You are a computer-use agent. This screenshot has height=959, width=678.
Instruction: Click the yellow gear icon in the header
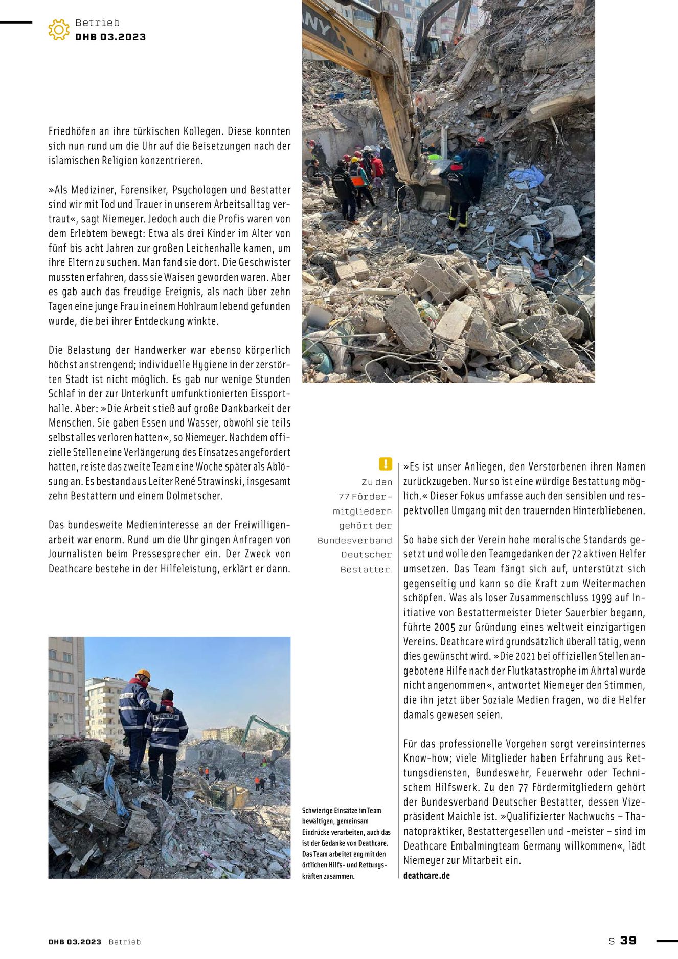pos(59,30)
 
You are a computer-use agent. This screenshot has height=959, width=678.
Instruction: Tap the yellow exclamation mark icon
pos(385,464)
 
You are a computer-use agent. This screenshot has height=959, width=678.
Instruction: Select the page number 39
pos(628,941)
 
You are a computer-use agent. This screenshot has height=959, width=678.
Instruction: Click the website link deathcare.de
pos(426,875)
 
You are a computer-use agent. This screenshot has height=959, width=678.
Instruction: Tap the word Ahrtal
pos(606,671)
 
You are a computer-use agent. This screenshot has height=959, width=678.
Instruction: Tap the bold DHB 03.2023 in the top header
pos(110,37)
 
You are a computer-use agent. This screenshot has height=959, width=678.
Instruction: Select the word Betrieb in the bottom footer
pos(124,942)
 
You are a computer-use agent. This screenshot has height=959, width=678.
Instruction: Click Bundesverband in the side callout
pos(354,541)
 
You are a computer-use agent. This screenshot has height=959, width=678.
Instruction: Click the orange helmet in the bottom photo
pos(143,674)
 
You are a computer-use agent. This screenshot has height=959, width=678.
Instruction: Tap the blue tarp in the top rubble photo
pos(527,177)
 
